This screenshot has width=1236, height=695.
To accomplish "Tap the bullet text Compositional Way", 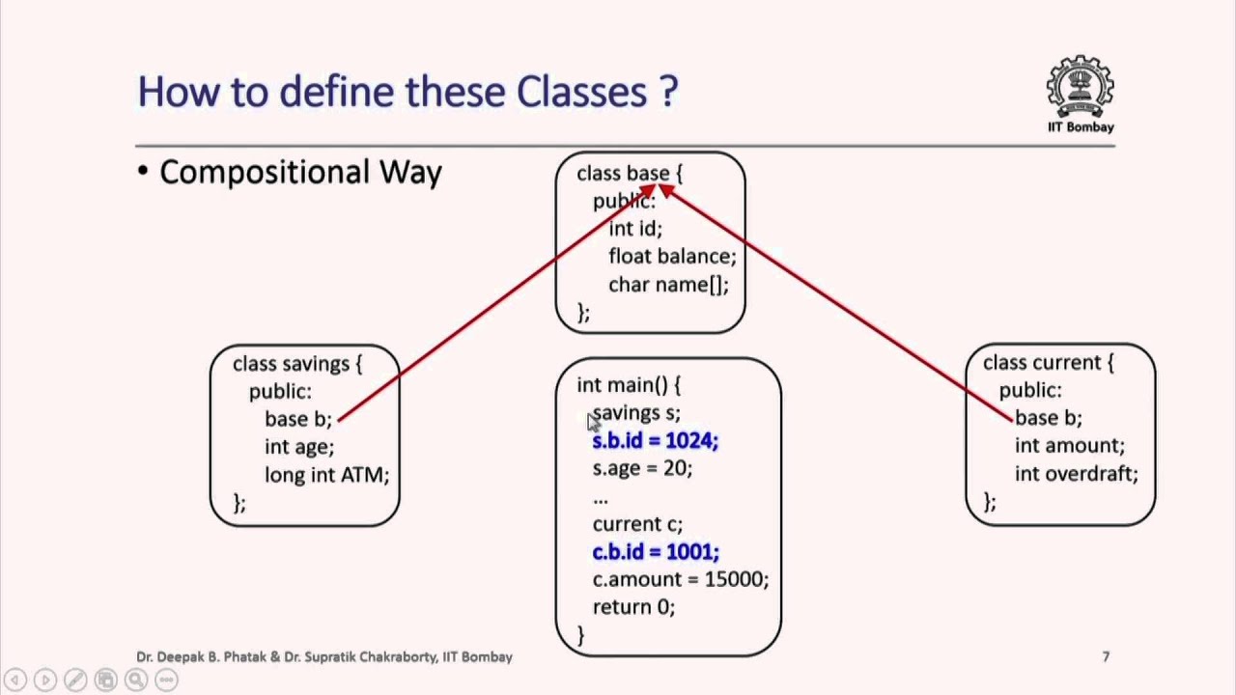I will tap(300, 172).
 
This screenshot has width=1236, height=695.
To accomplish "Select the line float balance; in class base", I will tap(672, 256).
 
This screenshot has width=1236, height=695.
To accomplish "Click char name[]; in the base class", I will tap(668, 284).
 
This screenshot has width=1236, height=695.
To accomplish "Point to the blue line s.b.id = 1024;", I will tap(655, 440).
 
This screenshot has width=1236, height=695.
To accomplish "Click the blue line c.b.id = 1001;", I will tap(655, 551).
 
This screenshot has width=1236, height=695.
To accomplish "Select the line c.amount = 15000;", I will tap(680, 579).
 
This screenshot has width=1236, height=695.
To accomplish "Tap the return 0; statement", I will tap(633, 607).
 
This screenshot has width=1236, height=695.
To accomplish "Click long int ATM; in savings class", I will tap(326, 475).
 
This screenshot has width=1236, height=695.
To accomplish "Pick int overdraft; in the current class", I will tap(1076, 473).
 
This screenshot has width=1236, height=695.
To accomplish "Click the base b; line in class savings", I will tap(297, 419).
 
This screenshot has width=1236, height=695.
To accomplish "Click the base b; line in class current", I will tap(1048, 418).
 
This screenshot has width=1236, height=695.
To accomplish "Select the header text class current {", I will tap(1048, 363).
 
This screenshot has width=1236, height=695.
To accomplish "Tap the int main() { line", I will tap(629, 385).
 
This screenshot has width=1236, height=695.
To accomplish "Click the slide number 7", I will tap(1106, 656).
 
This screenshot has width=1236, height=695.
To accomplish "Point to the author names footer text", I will tap(323, 656).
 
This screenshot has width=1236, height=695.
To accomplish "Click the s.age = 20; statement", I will tap(642, 468).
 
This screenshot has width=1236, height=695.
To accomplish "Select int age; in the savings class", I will tap(299, 447).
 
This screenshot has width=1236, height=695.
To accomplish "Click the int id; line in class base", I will tap(635, 229).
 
